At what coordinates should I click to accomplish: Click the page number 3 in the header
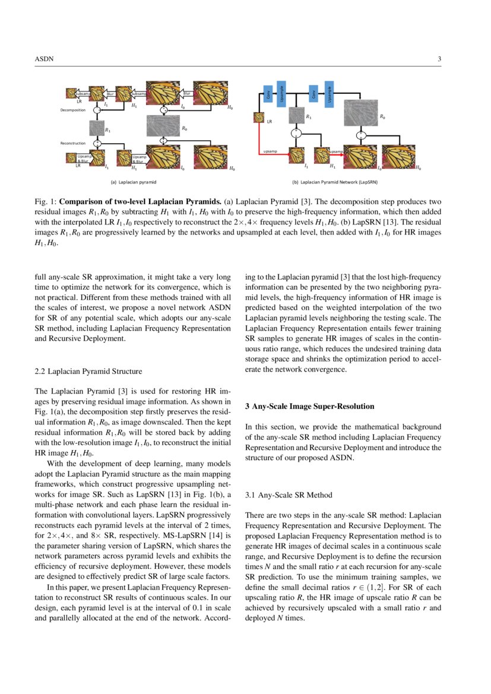439,59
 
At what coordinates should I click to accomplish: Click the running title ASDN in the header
44,59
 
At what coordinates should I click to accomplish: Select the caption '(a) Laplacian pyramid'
137,182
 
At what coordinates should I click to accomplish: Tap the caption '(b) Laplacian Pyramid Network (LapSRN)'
335,182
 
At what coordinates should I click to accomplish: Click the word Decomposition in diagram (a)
73,110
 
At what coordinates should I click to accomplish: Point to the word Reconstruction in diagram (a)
73,143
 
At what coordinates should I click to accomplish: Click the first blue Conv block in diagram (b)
268,93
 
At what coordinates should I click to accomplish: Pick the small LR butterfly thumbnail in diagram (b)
259,118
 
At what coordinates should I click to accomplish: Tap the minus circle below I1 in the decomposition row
97,110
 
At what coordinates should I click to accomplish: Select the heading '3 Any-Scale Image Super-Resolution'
309,406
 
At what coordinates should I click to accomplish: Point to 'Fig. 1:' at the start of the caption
45,200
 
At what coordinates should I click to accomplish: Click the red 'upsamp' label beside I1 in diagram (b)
271,151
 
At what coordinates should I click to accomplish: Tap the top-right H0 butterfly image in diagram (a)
211,94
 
